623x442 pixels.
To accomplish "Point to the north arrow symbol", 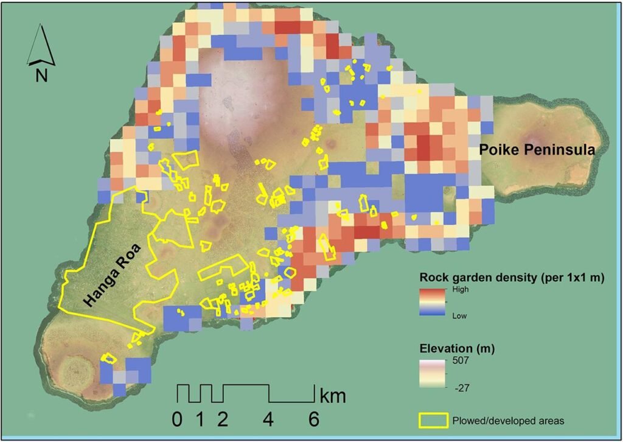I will tap(41, 45).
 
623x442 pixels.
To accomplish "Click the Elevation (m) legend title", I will tap(456, 349).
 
